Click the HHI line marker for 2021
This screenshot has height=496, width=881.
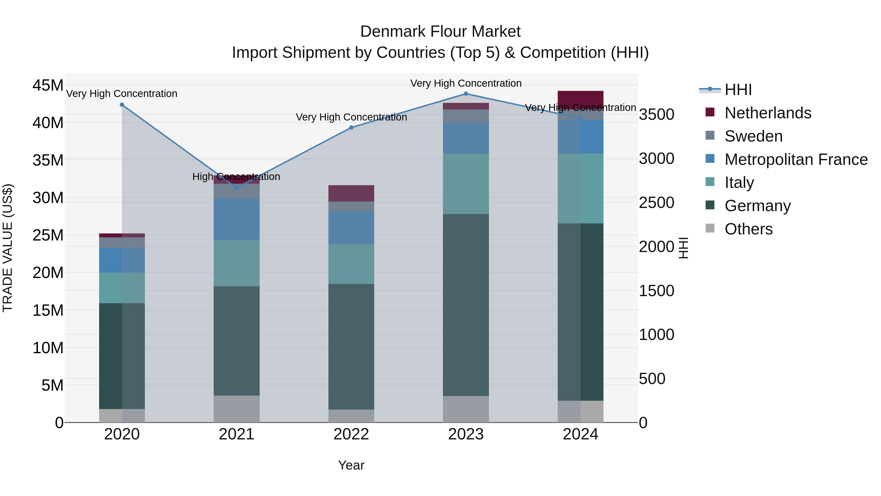(237, 188)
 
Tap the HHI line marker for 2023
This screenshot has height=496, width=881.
(466, 94)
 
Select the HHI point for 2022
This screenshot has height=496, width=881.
(351, 128)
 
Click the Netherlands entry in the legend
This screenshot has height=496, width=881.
(767, 113)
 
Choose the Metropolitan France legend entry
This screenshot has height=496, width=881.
(796, 159)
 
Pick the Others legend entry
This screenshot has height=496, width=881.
(748, 229)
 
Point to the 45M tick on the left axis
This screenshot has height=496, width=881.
(48, 85)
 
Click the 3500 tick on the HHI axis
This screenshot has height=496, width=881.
(657, 114)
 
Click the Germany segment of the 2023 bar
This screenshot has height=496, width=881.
(466, 305)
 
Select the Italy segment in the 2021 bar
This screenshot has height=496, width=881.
(237, 263)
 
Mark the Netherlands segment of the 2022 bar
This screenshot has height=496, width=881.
(351, 194)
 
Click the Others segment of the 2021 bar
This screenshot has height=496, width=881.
(237, 409)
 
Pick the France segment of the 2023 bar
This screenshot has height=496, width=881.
(466, 138)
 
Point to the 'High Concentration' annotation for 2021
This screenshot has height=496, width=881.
(236, 177)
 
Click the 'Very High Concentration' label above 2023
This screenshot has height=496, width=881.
(466, 83)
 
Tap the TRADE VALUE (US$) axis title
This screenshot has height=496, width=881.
(8, 248)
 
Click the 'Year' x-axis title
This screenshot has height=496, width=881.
(351, 465)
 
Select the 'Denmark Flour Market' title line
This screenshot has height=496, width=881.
(440, 32)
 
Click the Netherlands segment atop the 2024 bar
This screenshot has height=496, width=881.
(580, 98)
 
